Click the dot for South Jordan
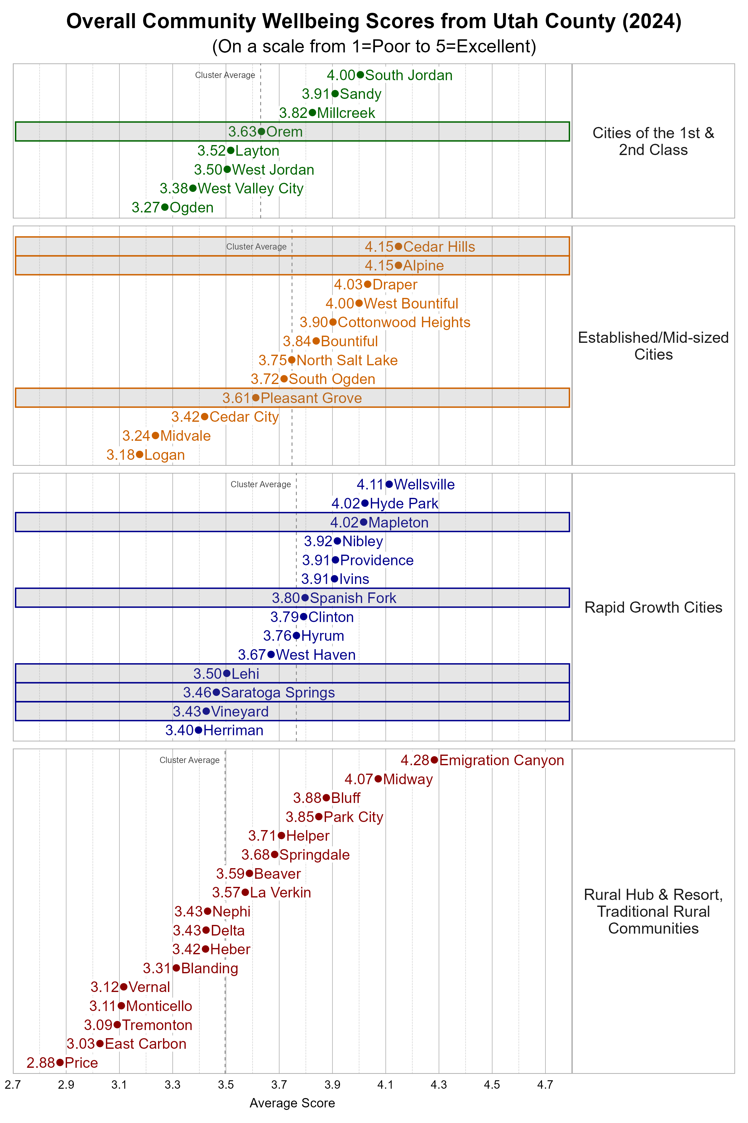pyautogui.click(x=360, y=75)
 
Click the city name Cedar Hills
pyautogui.click(x=439, y=247)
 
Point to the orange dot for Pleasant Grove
pyautogui.click(x=256, y=398)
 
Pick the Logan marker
pyautogui.click(x=139, y=455)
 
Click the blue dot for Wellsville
pyautogui.click(x=389, y=484)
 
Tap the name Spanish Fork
pyautogui.click(x=353, y=598)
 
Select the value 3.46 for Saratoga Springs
pyautogui.click(x=197, y=692)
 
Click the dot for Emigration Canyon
pyautogui.click(x=434, y=760)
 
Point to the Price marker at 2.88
pyautogui.click(x=60, y=1062)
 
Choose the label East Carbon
pyautogui.click(x=146, y=1044)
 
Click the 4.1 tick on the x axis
pyautogui.click(x=386, y=1085)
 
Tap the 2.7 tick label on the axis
pyautogui.click(x=13, y=1085)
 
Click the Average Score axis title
pyautogui.click(x=292, y=1103)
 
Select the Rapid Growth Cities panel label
pyautogui.click(x=653, y=607)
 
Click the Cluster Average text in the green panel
pyautogui.click(x=225, y=75)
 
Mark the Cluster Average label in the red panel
pyautogui.click(x=189, y=760)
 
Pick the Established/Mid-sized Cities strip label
pyautogui.click(x=653, y=346)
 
